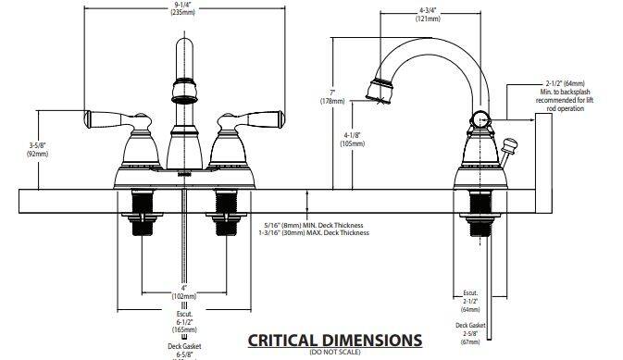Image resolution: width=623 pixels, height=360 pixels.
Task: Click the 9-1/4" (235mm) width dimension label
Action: pos(183,8)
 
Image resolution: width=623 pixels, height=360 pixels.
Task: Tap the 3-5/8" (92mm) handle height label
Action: pos(37,149)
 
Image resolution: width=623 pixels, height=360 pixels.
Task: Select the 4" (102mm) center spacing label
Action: pos(184,292)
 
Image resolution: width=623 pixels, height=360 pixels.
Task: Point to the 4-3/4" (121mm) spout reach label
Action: pos(428,15)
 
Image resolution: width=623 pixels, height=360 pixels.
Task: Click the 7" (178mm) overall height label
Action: pos(332,97)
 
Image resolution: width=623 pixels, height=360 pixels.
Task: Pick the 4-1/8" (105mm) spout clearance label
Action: pos(353,140)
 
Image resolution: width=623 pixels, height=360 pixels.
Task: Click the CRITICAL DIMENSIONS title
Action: pos(335,341)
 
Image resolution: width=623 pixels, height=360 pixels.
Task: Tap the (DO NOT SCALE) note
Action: pos(335,352)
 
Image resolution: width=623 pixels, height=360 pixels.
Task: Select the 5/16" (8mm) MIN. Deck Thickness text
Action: pos(314,225)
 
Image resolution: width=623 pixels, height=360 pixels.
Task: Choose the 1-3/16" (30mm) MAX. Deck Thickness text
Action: pos(314,233)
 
